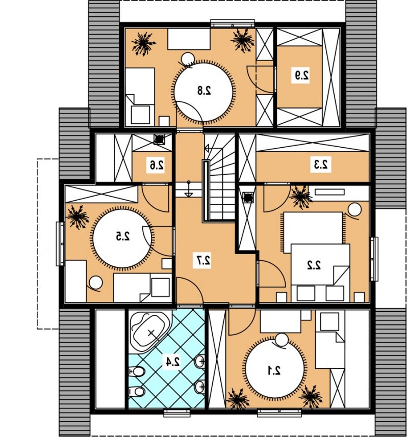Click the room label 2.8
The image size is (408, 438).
click(204, 91)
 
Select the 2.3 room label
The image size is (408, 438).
click(321, 165)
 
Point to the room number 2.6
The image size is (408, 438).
click(157, 165)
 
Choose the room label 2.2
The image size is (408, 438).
click(314, 265)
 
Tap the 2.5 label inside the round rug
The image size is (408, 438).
click(123, 237)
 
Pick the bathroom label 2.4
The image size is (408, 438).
click(172, 362)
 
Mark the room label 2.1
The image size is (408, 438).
click(274, 370)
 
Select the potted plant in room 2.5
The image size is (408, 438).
click(78, 217)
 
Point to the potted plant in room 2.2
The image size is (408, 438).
click(300, 197)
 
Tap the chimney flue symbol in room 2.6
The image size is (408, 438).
click(159, 140)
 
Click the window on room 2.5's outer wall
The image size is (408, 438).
click(60, 243)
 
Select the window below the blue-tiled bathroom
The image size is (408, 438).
click(177, 414)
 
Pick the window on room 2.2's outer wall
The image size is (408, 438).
click(374, 259)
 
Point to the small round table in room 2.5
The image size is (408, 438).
click(96, 283)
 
